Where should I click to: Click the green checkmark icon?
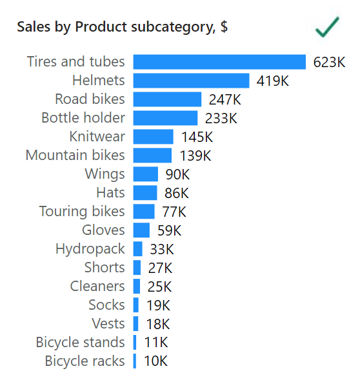click(327, 27)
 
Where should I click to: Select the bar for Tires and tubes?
click(219, 62)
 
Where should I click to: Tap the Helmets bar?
click(191, 81)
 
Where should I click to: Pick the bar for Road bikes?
click(167, 99)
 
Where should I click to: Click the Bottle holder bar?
click(165, 118)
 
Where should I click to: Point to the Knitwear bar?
click(153, 137)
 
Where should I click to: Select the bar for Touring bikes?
click(144, 212)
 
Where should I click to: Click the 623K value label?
click(329, 63)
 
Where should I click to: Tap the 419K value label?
click(272, 81)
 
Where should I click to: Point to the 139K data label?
click(195, 156)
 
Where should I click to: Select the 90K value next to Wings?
click(177, 174)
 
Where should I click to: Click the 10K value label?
click(156, 361)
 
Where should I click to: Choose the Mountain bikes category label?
click(75, 155)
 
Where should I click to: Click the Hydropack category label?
click(90, 249)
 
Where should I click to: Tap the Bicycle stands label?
click(81, 342)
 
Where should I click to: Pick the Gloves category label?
click(103, 230)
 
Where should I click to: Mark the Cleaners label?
click(97, 286)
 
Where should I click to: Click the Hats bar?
click(145, 193)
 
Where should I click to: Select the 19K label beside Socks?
click(158, 305)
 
